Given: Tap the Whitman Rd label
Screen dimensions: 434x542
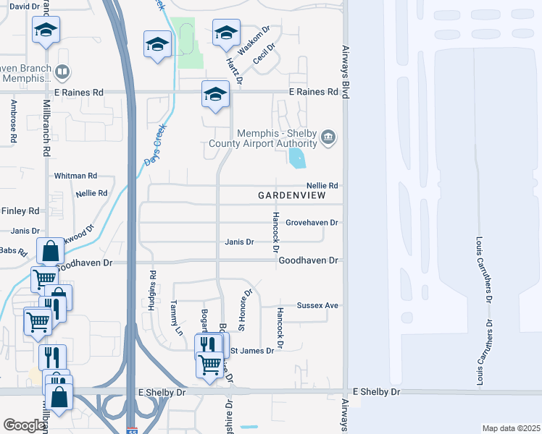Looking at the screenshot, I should [x=75, y=176].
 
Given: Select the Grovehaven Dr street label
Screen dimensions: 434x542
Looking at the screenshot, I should [x=312, y=223].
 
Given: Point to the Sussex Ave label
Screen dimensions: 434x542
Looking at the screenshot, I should [x=317, y=306].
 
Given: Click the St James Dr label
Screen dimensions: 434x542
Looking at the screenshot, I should [x=251, y=351].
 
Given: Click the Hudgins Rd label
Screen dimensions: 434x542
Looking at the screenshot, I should [x=153, y=286].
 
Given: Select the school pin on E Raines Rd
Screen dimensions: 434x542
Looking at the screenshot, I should [x=215, y=94].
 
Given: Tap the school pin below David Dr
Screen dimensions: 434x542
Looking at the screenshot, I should [x=46, y=29].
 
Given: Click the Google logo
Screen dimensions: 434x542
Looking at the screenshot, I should [x=23, y=425].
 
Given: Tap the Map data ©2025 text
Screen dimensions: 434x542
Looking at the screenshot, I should [x=511, y=428].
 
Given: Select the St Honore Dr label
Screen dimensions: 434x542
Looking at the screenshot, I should [x=246, y=309].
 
